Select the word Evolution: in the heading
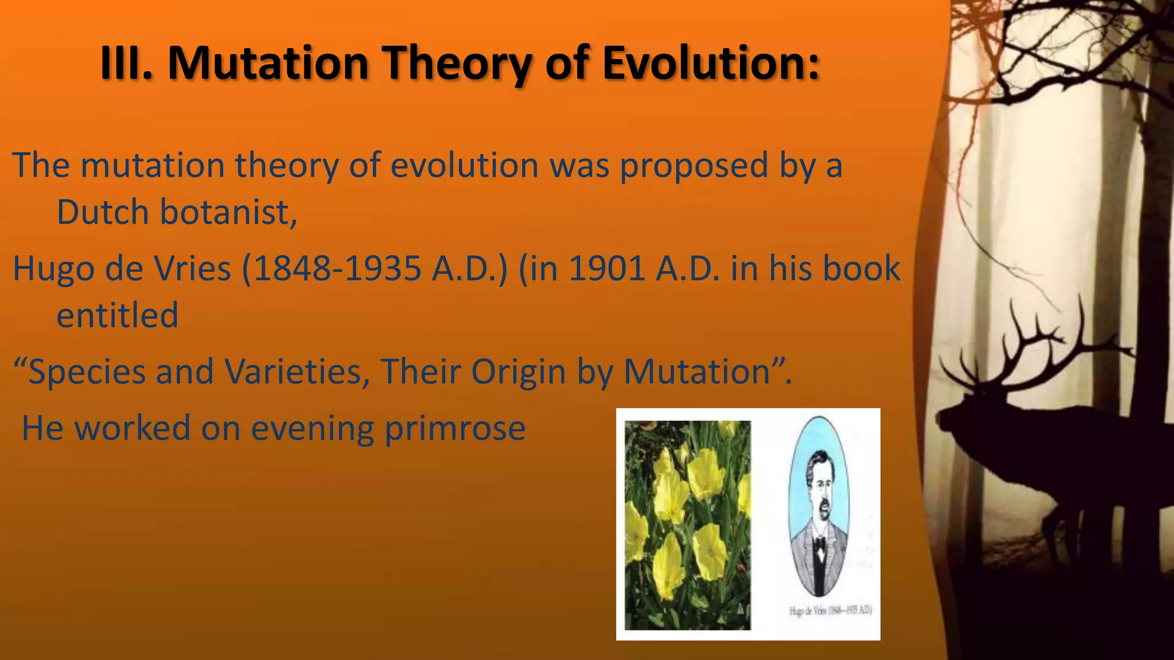[711, 63]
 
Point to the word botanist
[228, 213]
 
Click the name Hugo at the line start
[53, 269]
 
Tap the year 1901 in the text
[607, 269]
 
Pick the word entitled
[118, 315]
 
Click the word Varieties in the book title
[297, 372]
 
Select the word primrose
[455, 429]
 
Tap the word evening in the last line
[312, 429]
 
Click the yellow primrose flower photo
[687, 525]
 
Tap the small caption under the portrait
[830, 611]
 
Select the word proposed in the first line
[694, 166]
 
